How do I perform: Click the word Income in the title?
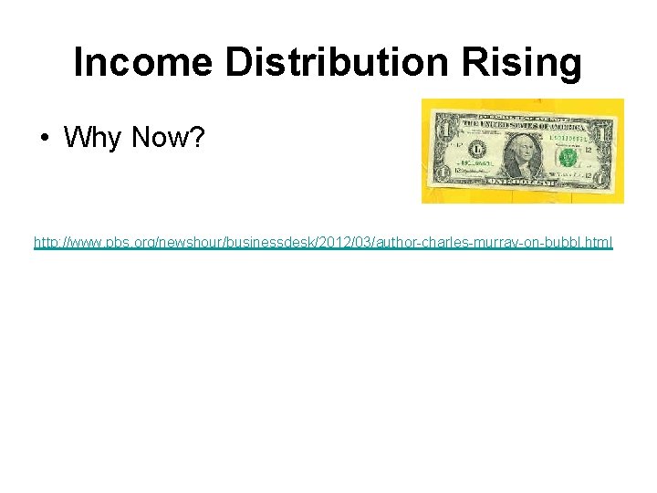pos(142,63)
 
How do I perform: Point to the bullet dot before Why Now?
pos(44,139)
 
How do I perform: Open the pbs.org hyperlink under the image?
pos(323,243)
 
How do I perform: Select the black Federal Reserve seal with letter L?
pos(474,151)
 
